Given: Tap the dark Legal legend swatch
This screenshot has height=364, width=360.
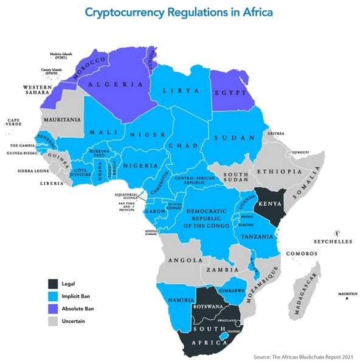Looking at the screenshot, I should (54, 284).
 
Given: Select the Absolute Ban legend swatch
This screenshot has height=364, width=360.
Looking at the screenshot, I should (54, 309).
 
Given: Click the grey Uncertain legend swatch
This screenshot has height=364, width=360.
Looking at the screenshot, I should (54, 321).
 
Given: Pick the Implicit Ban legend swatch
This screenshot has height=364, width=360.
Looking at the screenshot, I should (54, 296).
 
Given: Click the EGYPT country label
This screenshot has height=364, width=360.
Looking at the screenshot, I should (231, 93).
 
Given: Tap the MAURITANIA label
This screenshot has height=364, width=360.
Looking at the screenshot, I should (61, 119).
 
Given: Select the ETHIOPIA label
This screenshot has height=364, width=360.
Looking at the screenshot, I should (279, 172).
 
